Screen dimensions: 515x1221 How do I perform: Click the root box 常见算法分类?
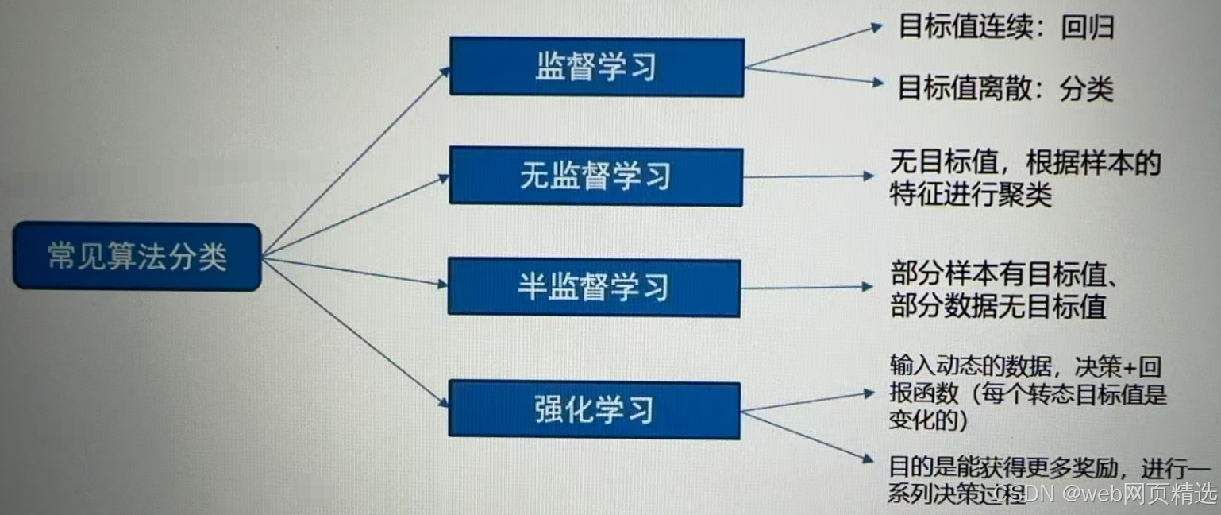click(x=137, y=257)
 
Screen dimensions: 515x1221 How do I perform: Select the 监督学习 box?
click(x=596, y=68)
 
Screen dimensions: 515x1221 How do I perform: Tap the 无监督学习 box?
click(x=595, y=176)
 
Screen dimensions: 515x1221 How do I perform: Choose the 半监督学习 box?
click(x=594, y=287)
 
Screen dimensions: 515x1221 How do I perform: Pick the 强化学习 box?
click(x=594, y=409)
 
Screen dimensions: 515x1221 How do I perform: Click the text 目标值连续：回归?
click(x=1006, y=28)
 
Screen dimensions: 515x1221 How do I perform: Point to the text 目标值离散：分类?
click(x=1005, y=88)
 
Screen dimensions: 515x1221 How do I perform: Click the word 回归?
click(x=1088, y=28)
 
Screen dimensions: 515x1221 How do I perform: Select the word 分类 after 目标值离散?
click(x=1087, y=88)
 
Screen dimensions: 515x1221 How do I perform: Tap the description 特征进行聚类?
click(x=970, y=194)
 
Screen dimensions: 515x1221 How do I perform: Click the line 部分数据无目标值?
click(x=998, y=306)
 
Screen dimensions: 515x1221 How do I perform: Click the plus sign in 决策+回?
click(x=1136, y=367)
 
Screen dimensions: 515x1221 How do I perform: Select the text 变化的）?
click(x=928, y=420)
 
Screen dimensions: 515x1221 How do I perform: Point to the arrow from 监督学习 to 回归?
click(x=814, y=45)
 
